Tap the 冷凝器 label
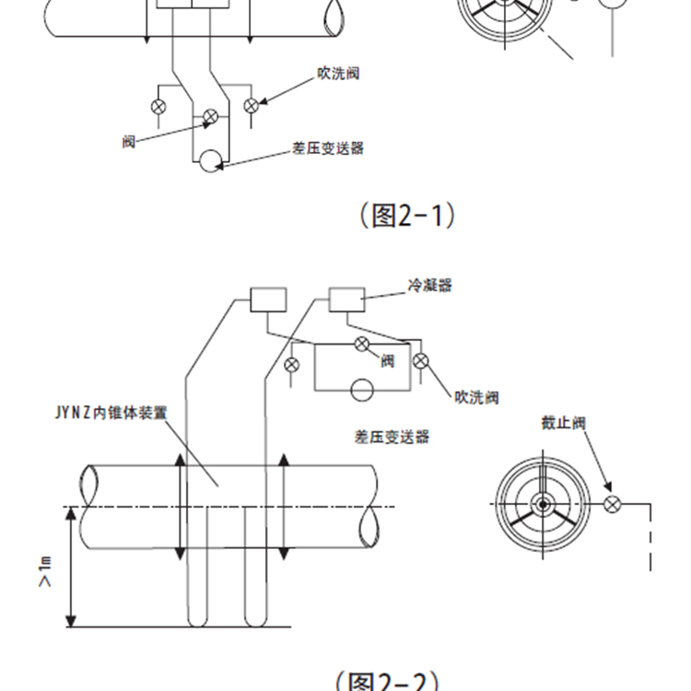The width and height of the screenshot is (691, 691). (430, 286)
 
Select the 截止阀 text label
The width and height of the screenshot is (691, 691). (564, 424)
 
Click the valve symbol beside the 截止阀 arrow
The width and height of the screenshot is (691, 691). (612, 504)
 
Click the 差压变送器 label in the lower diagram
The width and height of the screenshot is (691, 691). (392, 437)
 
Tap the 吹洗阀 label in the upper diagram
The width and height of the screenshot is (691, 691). (336, 74)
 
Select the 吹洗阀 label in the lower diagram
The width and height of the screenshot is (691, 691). (476, 398)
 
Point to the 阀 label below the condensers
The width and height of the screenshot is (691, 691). (387, 361)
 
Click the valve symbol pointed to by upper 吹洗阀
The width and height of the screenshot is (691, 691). (250, 106)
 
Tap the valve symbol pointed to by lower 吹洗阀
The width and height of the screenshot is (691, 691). (421, 360)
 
